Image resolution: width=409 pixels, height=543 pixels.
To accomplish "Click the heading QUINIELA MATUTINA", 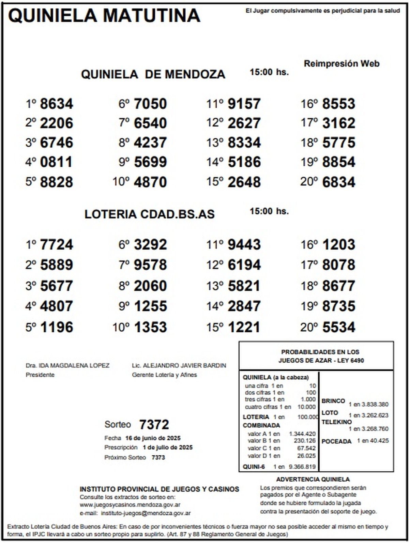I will pos(104,15).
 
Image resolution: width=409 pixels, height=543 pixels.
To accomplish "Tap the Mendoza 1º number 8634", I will pos(57,104).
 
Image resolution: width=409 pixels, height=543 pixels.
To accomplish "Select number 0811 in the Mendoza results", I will pos(57,162).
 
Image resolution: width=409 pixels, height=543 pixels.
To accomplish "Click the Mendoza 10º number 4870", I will pos(150,182).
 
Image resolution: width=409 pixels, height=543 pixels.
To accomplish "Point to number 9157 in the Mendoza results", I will pos(244,104).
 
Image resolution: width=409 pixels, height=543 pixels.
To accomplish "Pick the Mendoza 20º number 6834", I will pos(338,182).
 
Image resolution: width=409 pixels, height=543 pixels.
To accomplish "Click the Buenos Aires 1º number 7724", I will pos(57,245).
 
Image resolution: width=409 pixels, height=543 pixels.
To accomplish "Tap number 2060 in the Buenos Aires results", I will pos(150,286).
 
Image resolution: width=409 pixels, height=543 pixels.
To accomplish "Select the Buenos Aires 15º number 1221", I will pos(244,327).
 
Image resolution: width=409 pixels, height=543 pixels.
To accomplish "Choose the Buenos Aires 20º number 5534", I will pos(338,327).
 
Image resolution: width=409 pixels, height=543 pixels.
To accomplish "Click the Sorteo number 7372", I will pos(154,425).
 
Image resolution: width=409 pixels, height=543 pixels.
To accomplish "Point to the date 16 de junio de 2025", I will pos(153,438).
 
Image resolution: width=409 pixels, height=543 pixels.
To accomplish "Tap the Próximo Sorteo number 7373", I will pos(158,457).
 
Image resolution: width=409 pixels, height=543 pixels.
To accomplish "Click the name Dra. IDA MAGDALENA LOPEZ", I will pos(67,366).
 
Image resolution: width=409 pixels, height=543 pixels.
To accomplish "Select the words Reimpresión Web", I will pos(342,64).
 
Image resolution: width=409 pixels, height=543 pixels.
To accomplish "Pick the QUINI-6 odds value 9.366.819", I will pos(302,467).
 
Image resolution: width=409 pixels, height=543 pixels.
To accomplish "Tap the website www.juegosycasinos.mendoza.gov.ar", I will pos(130,505).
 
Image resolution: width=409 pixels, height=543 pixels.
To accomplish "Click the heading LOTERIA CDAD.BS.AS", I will pos(149,214).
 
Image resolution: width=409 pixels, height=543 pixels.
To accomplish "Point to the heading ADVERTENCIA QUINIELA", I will pos(313,480).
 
